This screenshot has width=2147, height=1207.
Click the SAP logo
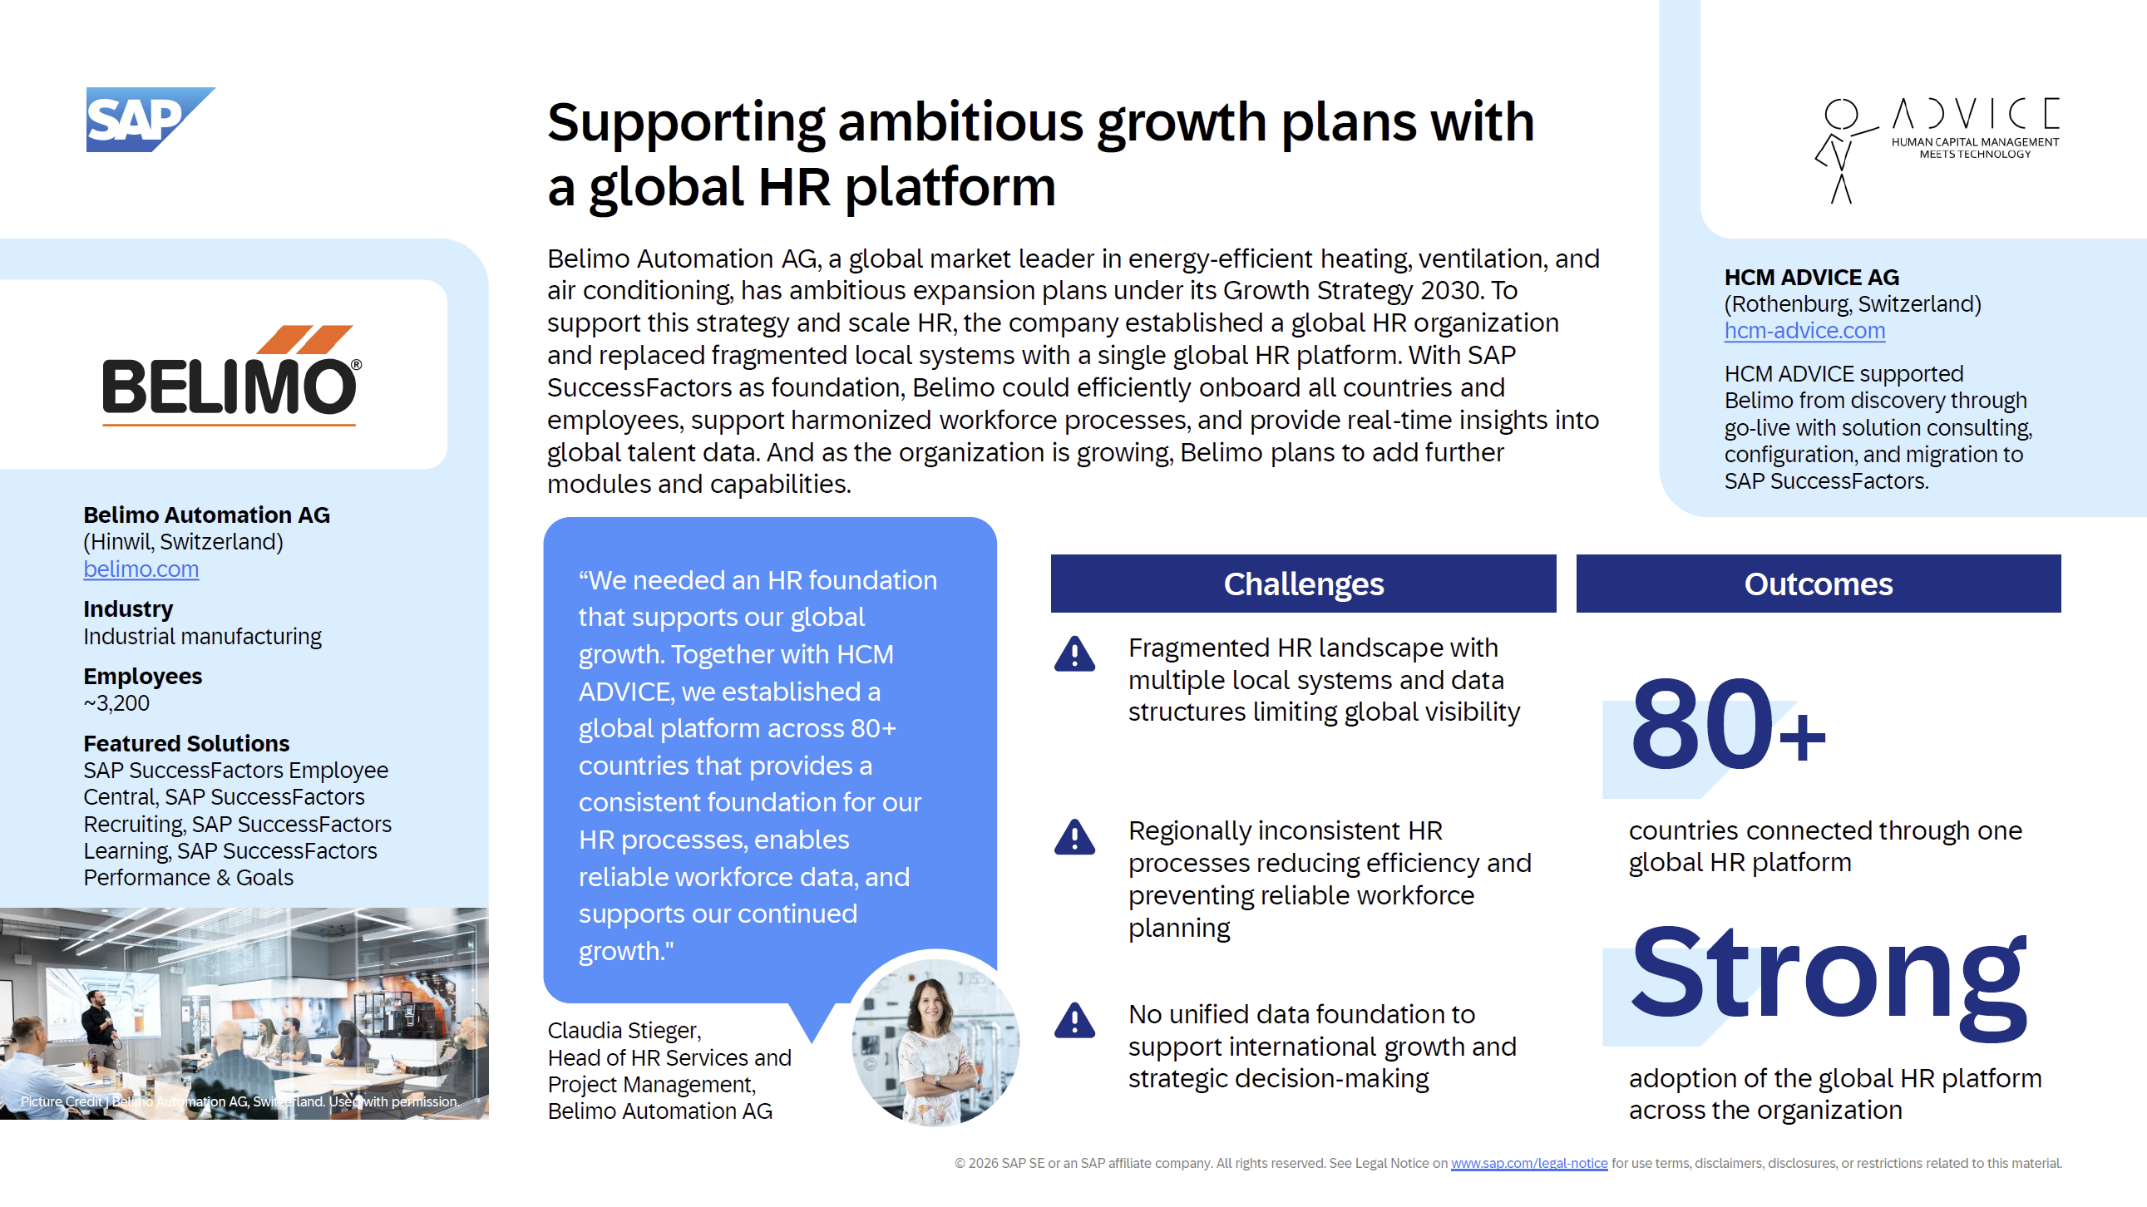pyautogui.click(x=150, y=119)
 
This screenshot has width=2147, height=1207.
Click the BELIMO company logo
pyautogui.click(x=231, y=375)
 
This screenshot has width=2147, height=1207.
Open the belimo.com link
pyautogui.click(x=141, y=569)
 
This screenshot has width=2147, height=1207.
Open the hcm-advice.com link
pyautogui.click(x=1804, y=331)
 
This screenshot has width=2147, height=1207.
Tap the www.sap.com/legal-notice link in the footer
pyautogui.click(x=1528, y=1163)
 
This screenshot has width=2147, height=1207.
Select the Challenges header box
pyautogui.click(x=1303, y=584)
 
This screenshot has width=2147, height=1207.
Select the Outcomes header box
pyautogui.click(x=1818, y=584)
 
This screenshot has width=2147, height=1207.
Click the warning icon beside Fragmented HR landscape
pyautogui.click(x=1074, y=654)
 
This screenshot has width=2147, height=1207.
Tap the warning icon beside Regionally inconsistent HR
pyautogui.click(x=1074, y=837)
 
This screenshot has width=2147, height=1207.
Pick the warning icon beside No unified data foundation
pyautogui.click(x=1074, y=1021)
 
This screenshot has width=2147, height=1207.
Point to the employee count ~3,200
pyautogui.click(x=116, y=703)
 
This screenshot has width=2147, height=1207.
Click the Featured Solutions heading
pyautogui.click(x=186, y=743)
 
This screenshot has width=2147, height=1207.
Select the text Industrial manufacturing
pyautogui.click(x=203, y=637)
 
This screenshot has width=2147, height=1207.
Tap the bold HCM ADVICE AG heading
pyautogui.click(x=1811, y=278)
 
